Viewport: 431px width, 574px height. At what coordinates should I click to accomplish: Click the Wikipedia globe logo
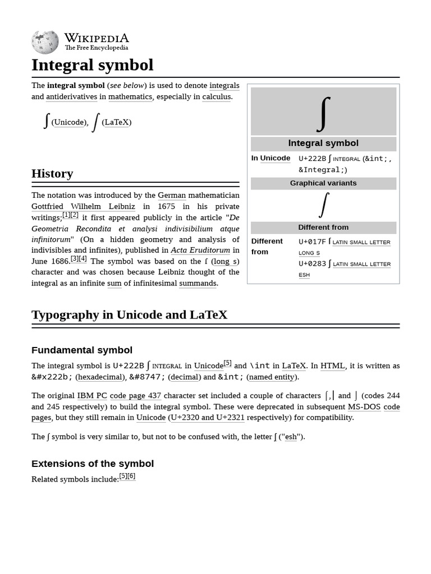click(x=45, y=42)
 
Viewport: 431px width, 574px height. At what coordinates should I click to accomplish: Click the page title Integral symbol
click(x=92, y=65)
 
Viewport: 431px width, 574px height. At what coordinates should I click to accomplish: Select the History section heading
click(x=52, y=174)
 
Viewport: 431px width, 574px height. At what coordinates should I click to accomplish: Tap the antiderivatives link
click(x=72, y=96)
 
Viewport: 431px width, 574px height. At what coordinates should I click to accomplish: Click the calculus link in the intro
click(x=216, y=96)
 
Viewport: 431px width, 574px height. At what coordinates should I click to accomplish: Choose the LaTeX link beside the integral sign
click(x=116, y=122)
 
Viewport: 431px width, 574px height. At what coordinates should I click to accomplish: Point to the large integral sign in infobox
click(x=323, y=113)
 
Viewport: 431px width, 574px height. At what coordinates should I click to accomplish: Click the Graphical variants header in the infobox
click(x=323, y=183)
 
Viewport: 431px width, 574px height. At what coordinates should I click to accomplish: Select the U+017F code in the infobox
click(x=312, y=242)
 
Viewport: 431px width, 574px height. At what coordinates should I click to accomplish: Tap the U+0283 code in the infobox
click(x=312, y=263)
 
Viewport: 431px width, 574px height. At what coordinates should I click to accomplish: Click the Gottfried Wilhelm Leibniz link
click(x=83, y=206)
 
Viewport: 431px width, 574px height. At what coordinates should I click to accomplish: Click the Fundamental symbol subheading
click(x=82, y=350)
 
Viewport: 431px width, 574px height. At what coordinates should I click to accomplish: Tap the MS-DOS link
click(x=363, y=406)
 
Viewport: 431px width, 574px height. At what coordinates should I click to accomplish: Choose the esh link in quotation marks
click(x=291, y=436)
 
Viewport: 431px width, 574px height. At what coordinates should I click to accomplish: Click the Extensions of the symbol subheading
click(x=93, y=464)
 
